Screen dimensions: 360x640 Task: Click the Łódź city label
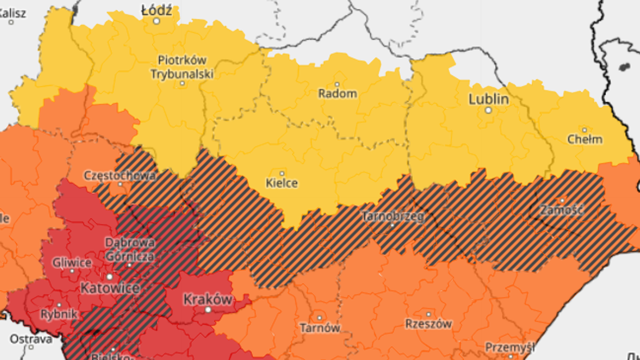coord(157,10)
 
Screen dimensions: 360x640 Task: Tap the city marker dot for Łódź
coord(157,21)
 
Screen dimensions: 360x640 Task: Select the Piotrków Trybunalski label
coord(182,66)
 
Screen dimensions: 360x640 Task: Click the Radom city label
coord(337,94)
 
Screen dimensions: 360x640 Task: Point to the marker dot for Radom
coord(337,84)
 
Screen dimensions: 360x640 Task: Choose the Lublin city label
coord(488,99)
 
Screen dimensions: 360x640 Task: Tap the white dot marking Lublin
coord(488,111)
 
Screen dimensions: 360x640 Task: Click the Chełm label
coord(584,139)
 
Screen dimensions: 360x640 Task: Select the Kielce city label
coord(282,183)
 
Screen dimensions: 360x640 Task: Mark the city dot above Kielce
coord(282,174)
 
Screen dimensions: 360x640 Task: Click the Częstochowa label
coord(120,175)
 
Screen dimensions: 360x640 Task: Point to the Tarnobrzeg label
coord(392,216)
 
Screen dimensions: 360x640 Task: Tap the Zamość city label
coord(561,211)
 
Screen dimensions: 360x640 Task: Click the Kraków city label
coord(208,299)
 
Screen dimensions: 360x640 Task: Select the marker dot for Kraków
coord(208,309)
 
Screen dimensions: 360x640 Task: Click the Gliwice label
coord(71,262)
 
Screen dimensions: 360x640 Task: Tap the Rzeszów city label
coord(428,324)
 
